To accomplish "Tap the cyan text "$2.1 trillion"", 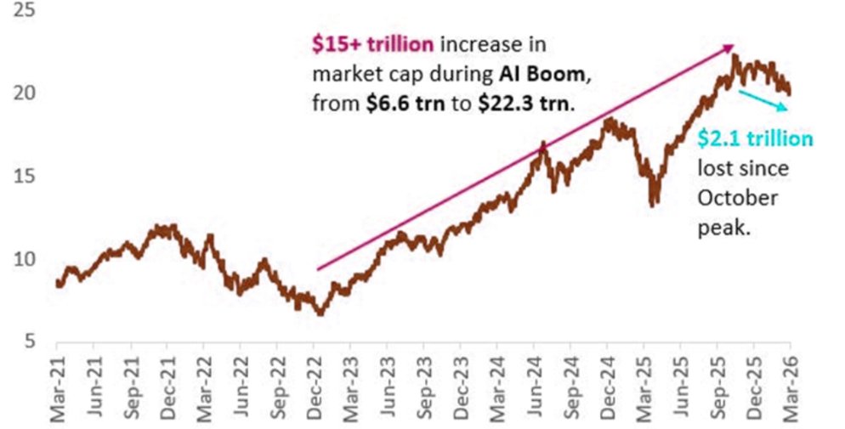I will [755, 138].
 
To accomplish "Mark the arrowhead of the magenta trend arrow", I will [730, 48].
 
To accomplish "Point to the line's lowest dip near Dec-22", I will [320, 313].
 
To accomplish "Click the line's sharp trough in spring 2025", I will [652, 204].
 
